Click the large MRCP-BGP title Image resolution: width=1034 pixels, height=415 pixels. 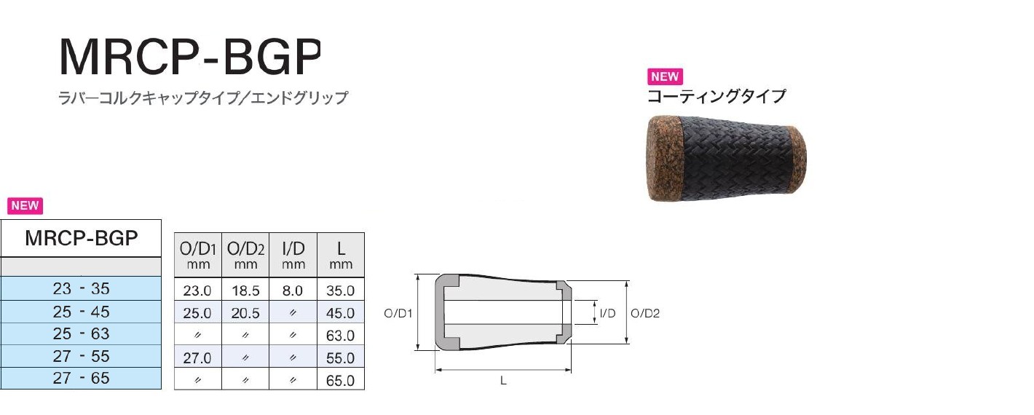(190, 58)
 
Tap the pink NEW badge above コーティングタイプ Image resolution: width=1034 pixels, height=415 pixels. (665, 76)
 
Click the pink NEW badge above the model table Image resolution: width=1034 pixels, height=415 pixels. (25, 205)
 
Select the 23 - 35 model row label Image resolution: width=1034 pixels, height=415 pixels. (82, 288)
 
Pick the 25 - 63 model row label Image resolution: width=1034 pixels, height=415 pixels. (82, 333)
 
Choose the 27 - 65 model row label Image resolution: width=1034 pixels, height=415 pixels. (82, 378)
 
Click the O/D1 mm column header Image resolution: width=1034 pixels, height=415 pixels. (198, 256)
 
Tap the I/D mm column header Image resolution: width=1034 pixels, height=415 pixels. (293, 256)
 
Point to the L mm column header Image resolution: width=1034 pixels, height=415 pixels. (341, 256)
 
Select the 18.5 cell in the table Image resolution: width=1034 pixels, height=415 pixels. (245, 290)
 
